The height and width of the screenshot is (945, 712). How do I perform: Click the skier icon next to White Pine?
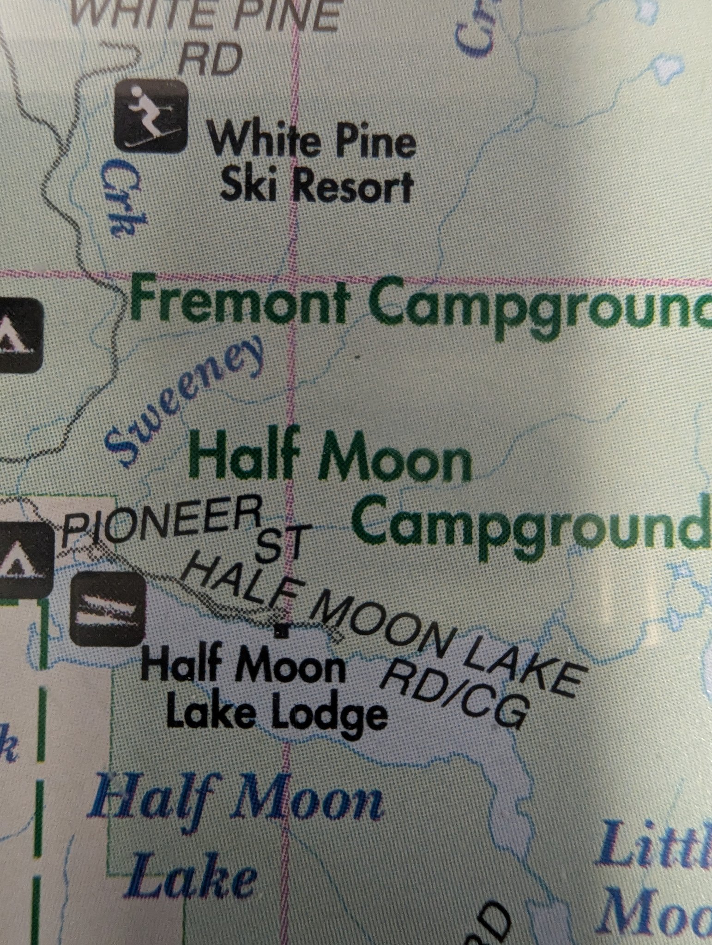(x=151, y=116)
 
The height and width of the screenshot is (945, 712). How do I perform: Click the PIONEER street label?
(x=159, y=522)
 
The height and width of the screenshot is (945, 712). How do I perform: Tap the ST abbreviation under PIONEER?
(x=281, y=546)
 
